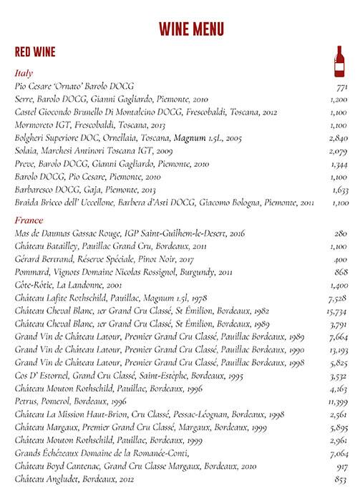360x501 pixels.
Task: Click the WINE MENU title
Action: click(191, 29)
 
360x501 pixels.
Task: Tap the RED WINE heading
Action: click(34, 52)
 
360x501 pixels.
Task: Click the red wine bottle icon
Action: click(339, 62)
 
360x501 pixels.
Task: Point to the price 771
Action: click(341, 87)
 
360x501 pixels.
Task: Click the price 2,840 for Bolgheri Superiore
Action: click(338, 138)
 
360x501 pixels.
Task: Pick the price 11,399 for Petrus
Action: click(336, 402)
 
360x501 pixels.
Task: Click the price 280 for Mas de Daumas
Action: click(341, 233)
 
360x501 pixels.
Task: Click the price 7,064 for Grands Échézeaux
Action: click(338, 454)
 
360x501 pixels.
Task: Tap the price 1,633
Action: click(339, 190)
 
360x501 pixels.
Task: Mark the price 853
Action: click(341, 480)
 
